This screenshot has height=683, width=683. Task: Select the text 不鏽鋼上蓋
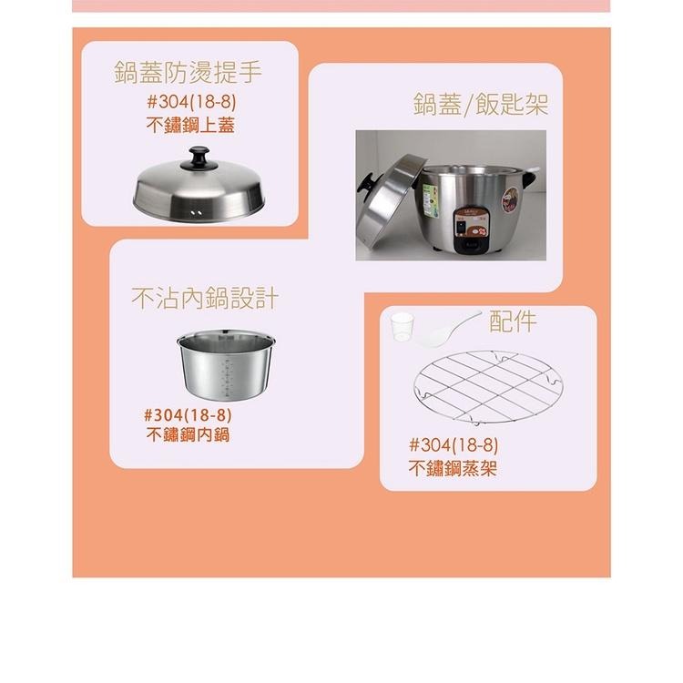click(x=190, y=126)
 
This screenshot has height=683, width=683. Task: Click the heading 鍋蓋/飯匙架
click(x=480, y=103)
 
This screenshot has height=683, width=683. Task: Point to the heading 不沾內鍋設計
click(x=205, y=298)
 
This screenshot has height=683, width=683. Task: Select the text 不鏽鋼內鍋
click(x=188, y=434)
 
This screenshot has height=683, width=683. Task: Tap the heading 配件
click(x=513, y=320)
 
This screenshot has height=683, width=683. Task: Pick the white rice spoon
click(x=446, y=329)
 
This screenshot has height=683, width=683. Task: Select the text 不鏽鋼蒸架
click(x=453, y=469)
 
